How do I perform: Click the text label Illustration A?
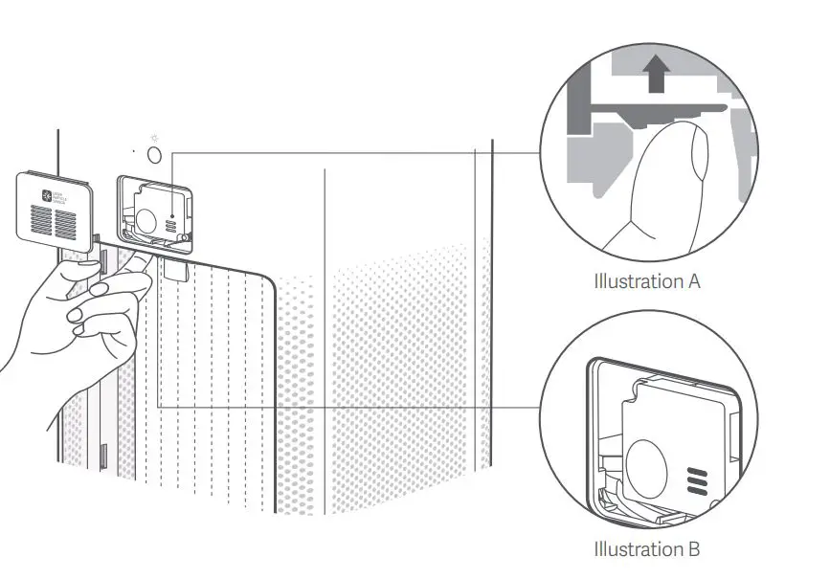pos(647,282)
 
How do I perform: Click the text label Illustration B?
pos(647,549)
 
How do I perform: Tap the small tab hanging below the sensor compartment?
pos(175,272)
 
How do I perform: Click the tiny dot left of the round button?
pos(134,151)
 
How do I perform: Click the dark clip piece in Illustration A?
pos(651,113)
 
